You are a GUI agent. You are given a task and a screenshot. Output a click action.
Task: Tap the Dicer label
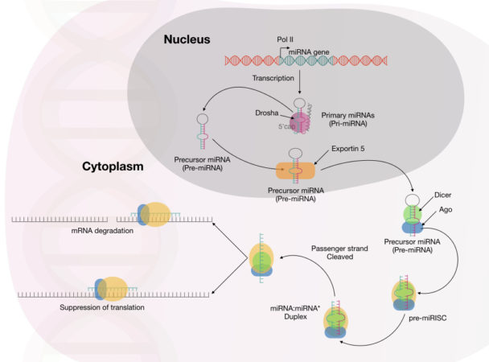point(446,194)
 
